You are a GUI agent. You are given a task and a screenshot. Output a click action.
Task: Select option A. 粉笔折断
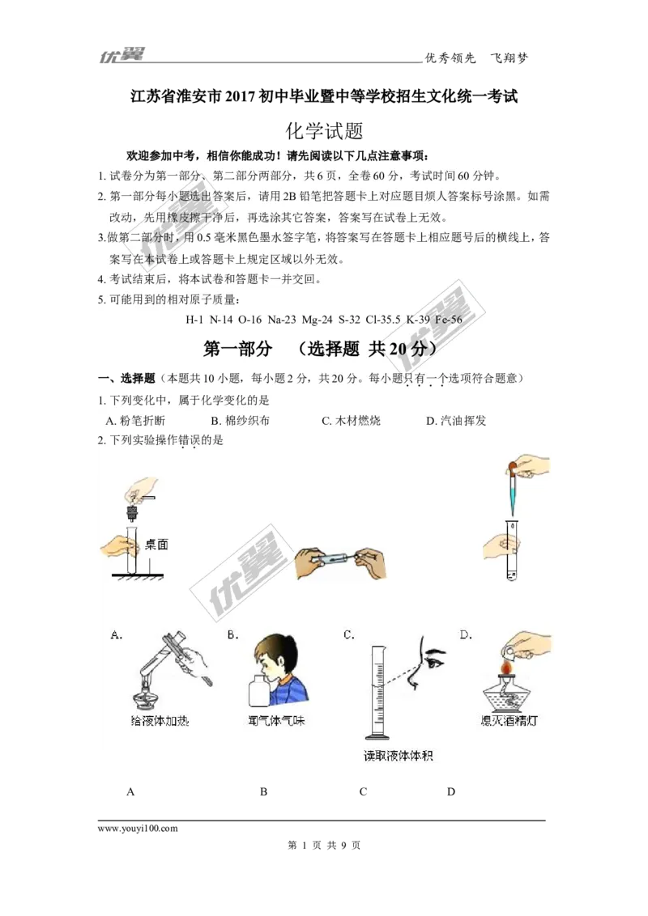tap(135, 421)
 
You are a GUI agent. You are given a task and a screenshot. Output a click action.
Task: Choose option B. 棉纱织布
tap(241, 421)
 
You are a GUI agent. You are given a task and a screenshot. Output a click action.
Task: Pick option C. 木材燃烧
tap(351, 421)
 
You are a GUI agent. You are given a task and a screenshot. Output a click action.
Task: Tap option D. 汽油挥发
tap(455, 421)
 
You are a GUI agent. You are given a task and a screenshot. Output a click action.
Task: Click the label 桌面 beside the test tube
tap(156, 545)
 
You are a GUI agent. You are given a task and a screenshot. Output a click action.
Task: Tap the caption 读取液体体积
tap(398, 756)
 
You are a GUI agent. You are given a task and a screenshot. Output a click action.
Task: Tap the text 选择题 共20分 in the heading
tap(366, 349)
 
